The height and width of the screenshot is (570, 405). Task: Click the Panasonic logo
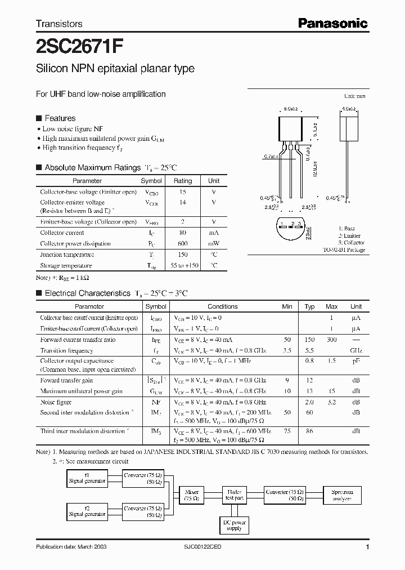[x=332, y=23]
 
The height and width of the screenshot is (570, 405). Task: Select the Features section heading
[x=60, y=118]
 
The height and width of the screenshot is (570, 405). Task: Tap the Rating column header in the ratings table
[x=182, y=181]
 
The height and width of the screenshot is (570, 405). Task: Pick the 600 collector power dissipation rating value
[x=182, y=244]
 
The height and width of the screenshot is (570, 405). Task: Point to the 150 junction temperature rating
[x=182, y=255]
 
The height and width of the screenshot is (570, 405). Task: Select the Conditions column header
[x=222, y=306]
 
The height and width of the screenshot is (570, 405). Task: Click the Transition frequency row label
[x=66, y=350]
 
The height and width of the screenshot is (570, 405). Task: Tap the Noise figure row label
[x=56, y=402]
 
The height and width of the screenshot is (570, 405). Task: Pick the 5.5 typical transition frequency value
[x=309, y=350]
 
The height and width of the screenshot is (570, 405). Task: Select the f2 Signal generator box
[x=87, y=511]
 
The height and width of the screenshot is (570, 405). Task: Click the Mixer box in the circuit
[x=192, y=495]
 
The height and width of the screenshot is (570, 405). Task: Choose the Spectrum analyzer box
[x=342, y=495]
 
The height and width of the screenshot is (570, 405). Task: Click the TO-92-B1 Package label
[x=344, y=250]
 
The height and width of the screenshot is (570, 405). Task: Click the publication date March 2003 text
[x=71, y=547]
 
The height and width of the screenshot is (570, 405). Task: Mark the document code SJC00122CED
[x=203, y=547]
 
